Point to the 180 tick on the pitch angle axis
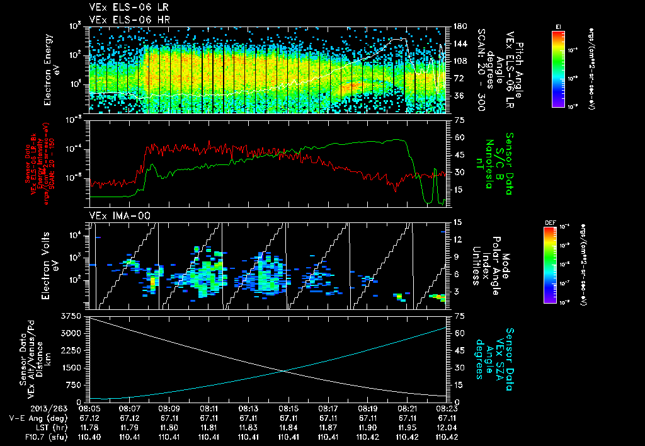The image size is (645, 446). tap(459, 26)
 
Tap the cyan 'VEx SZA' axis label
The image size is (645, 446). tap(500, 353)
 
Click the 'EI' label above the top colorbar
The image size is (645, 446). tap(558, 26)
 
